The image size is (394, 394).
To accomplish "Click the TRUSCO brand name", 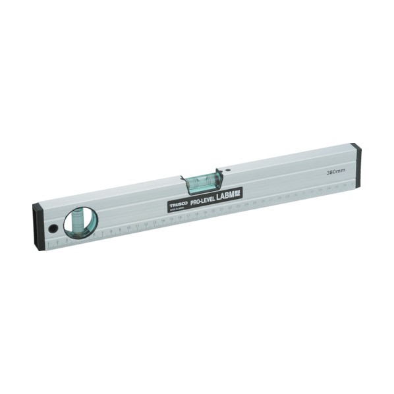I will pyautogui.click(x=177, y=204).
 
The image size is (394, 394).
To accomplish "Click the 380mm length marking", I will pyautogui.click(x=336, y=171).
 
